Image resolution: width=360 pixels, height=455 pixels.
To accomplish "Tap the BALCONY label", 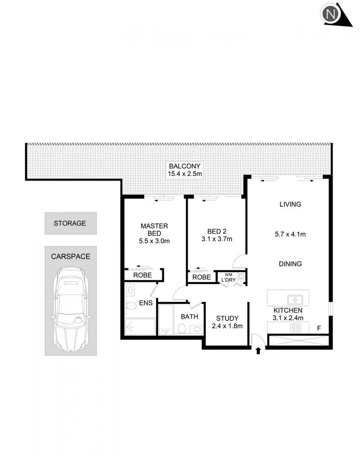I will coord(184,166).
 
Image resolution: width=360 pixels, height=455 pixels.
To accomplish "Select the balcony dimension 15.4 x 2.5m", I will coord(184,174).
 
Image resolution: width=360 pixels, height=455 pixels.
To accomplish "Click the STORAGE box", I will coord(70,223).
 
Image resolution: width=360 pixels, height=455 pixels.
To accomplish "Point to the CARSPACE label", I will coord(70,256).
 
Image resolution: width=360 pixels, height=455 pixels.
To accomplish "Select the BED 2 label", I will coord(217,231).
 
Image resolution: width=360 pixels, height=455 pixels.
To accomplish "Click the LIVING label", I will coord(290,204).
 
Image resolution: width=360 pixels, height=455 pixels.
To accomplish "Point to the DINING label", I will coord(290,264).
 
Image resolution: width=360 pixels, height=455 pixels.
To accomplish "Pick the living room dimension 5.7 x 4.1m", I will coord(290,234).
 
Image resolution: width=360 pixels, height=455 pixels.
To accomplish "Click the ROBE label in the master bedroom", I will coord(142,275).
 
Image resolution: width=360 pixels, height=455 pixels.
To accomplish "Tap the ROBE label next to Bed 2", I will coord(202,278).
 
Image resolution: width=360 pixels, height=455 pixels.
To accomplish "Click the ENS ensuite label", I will coord(146,303).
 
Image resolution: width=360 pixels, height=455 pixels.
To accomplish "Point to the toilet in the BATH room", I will coord(181,328).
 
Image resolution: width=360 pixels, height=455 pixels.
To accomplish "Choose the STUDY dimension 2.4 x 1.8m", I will coord(227,327).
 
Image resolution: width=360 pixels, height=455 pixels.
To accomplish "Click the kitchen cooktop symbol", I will coord(295,328).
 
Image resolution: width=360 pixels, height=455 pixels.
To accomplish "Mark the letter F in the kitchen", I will coord(318,328).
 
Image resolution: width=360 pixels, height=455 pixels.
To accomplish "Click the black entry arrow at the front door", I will coord(258,351).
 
